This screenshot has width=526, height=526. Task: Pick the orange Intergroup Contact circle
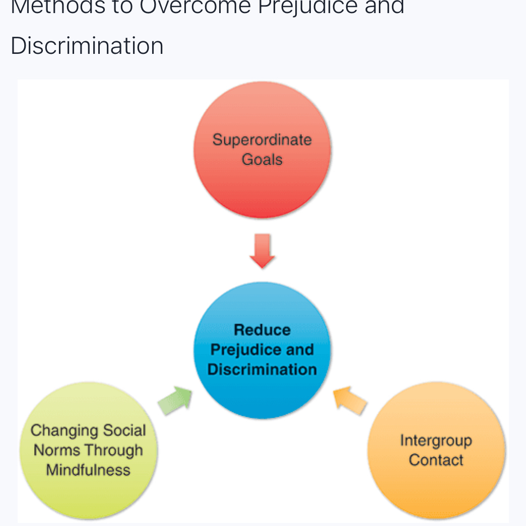click(436, 488)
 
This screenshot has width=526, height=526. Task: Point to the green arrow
click(175, 401)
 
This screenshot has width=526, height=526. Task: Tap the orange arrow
click(351, 401)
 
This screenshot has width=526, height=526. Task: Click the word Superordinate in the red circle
click(262, 140)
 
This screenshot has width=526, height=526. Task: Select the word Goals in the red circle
click(262, 160)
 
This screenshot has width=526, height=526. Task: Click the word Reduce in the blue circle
click(262, 330)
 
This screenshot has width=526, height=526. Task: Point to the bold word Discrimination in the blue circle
click(262, 369)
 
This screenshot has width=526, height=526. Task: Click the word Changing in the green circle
click(57, 431)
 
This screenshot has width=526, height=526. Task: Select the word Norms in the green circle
click(53, 450)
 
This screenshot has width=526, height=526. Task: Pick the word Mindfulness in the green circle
click(88, 470)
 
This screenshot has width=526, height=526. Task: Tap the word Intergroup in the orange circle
click(436, 440)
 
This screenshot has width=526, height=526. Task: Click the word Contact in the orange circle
click(436, 460)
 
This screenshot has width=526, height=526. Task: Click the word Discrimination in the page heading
click(87, 46)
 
